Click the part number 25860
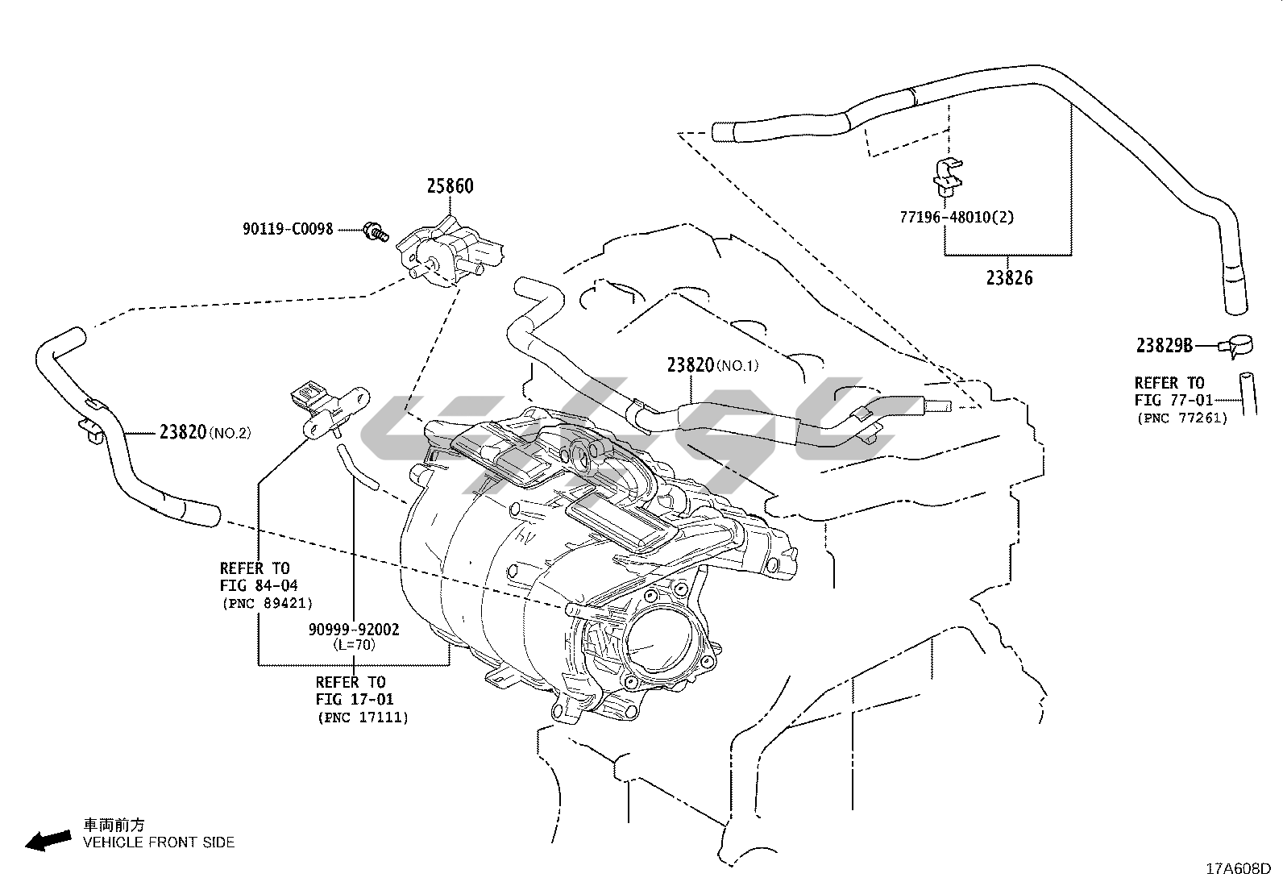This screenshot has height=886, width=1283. pos(451,186)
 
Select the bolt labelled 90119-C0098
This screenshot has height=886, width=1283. pos(375,231)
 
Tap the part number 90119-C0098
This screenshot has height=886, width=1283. pos(288,229)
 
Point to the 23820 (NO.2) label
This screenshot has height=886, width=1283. pos(205,432)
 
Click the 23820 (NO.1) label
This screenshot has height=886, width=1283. pos(712,364)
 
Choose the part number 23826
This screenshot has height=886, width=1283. pos(1008,278)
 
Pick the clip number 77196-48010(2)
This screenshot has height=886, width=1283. pos(957,217)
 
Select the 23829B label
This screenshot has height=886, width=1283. pos(1164,346)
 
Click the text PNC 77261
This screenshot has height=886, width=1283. pos(1181,418)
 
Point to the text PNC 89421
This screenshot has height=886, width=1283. pos(267,602)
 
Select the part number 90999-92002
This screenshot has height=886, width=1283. pos(354,629)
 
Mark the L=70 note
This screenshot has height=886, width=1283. pos(354,644)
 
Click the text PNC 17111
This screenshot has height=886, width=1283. pos(363,717)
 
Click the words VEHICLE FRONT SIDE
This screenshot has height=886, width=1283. pos(159,842)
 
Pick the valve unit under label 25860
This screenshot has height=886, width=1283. pos(450,251)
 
